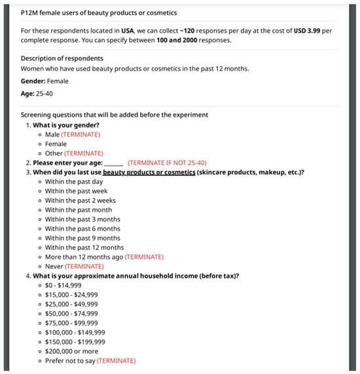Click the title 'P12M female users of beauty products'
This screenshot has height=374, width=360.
(x=98, y=12)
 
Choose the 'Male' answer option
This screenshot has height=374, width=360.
(x=52, y=134)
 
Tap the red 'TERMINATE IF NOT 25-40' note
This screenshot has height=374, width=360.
(x=167, y=162)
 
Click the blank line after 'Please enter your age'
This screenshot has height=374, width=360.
(x=114, y=163)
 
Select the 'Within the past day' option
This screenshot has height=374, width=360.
(x=74, y=181)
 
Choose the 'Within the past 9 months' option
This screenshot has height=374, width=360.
(x=82, y=238)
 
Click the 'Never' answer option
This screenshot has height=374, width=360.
(x=54, y=267)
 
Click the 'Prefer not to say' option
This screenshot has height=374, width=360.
(x=70, y=361)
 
